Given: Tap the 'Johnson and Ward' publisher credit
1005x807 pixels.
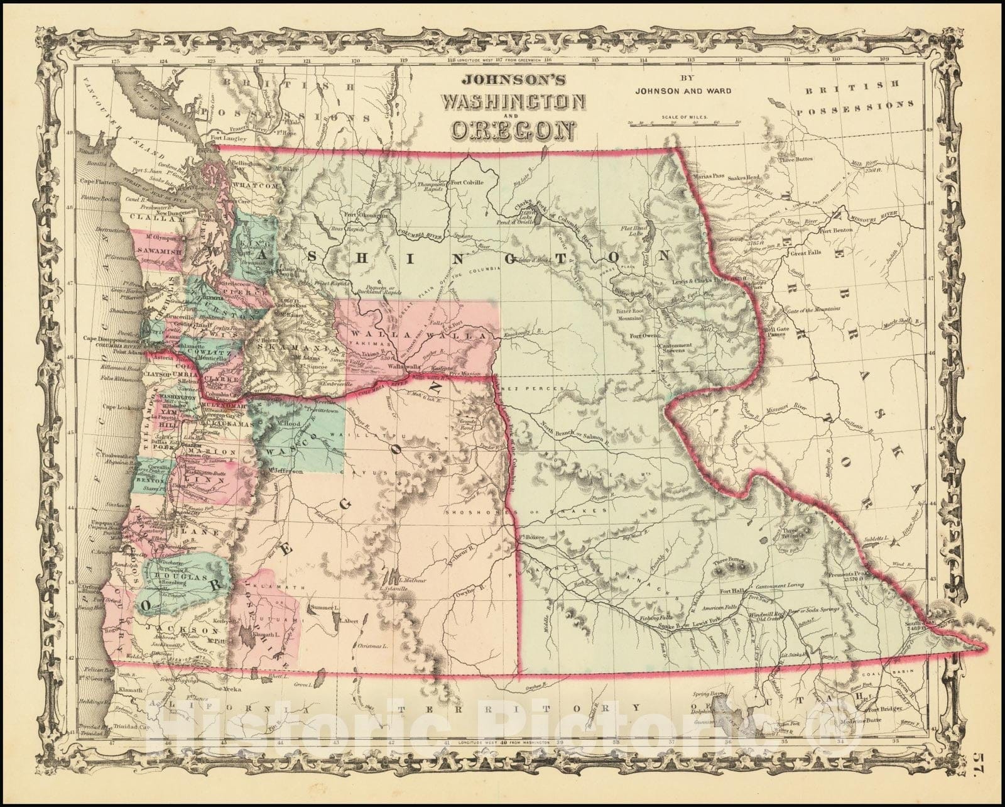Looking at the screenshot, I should (x=683, y=90).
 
